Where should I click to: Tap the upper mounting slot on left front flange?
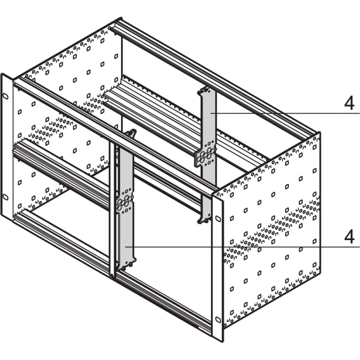tap(5, 96)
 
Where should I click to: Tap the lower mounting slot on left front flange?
tap(5, 197)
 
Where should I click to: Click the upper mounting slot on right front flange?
tap(217, 219)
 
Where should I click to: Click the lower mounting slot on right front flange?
tap(217, 319)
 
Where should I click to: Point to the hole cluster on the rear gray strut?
tap(205, 157)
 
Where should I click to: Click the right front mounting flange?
tap(217, 266)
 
